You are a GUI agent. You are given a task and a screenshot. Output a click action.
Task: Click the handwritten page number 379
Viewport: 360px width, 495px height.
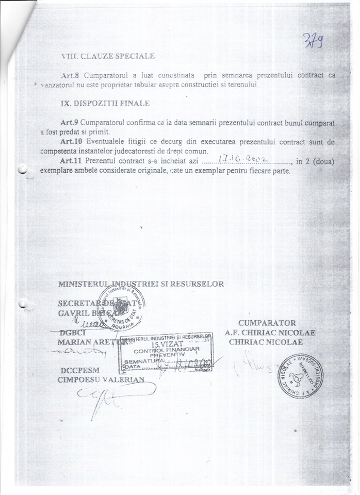coord(313,39)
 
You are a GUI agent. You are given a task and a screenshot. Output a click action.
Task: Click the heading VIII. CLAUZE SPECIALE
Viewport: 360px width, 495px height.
coord(108,56)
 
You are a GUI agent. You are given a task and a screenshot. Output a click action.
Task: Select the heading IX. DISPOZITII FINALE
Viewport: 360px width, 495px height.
coord(105,103)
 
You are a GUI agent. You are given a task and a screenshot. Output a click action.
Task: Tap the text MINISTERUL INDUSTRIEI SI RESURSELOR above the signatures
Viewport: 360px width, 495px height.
coord(141,284)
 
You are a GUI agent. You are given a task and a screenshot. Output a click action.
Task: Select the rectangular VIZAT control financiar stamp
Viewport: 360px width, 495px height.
coord(165,353)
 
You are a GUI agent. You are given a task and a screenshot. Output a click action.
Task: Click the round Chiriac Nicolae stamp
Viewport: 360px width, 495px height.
coord(299,376)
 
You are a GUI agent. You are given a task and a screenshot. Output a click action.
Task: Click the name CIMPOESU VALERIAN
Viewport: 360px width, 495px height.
coord(101,380)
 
